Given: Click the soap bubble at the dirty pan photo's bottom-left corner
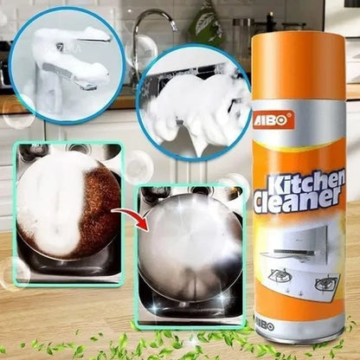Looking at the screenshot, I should click(13, 273).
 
